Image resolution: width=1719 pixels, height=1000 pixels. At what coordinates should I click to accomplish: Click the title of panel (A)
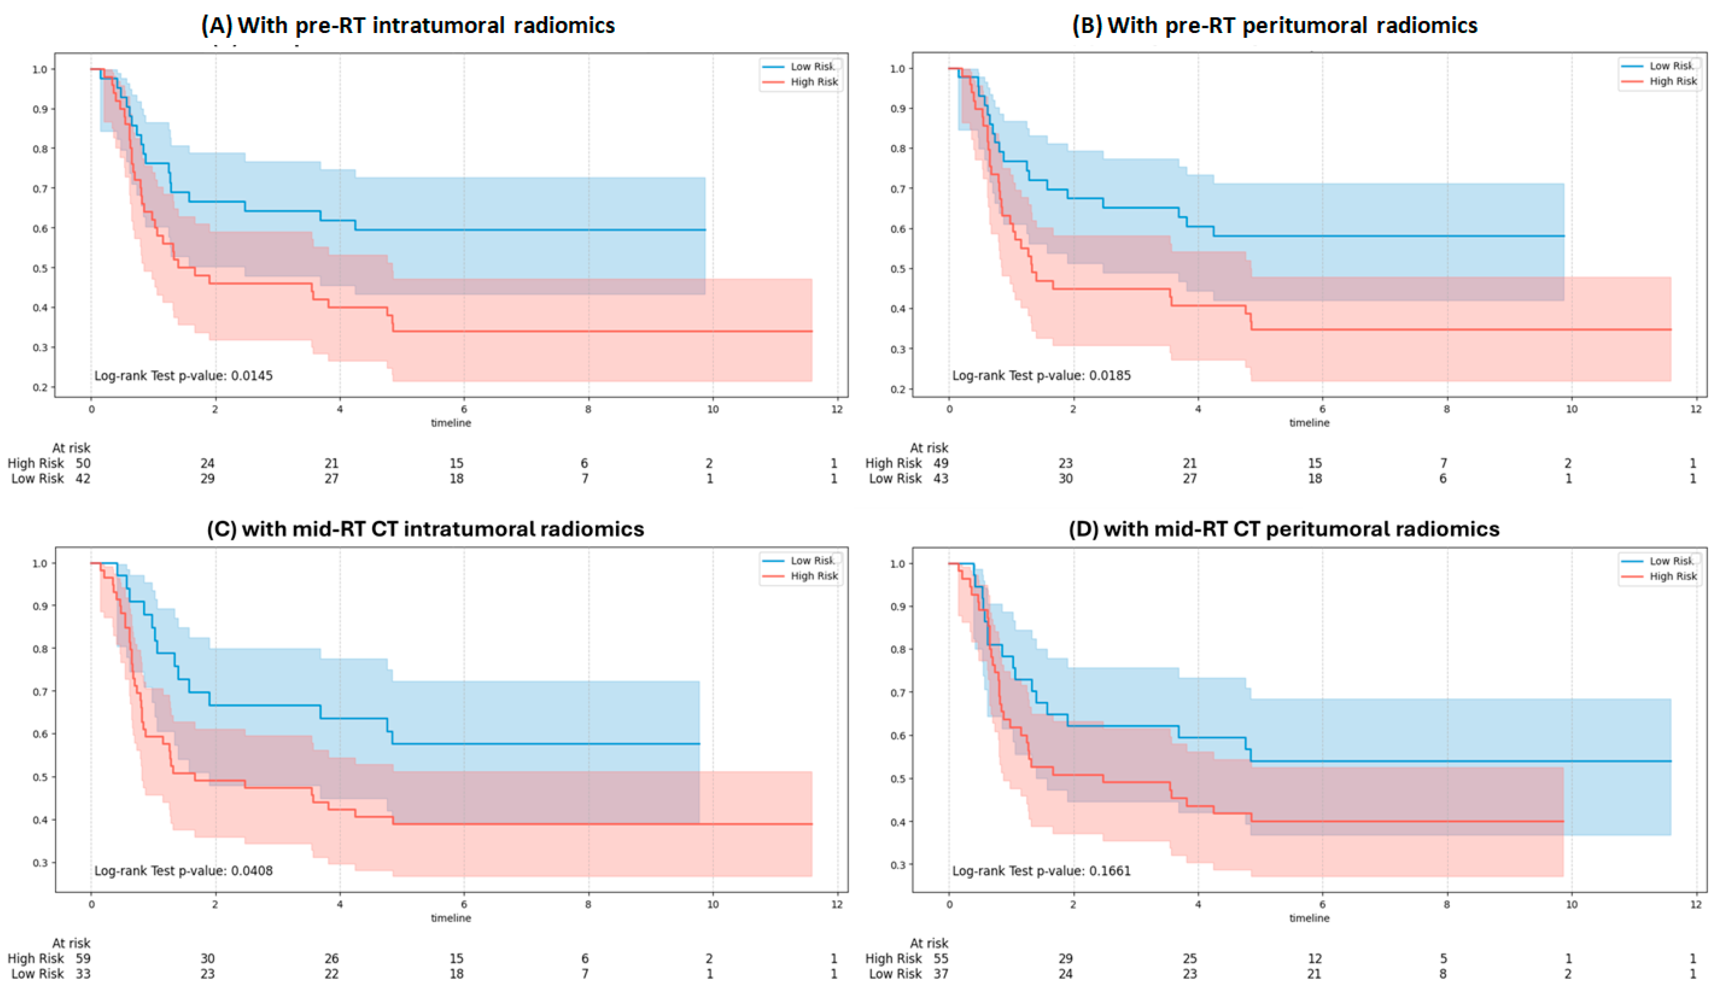[408, 25]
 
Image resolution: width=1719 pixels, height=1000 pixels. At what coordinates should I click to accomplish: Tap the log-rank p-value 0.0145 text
[184, 376]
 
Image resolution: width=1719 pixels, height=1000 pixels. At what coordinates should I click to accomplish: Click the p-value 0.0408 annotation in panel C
[184, 871]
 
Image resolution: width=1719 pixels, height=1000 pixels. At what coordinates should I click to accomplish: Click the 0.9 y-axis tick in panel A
[40, 109]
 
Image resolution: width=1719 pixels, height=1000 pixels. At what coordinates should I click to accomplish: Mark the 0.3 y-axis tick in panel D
[898, 865]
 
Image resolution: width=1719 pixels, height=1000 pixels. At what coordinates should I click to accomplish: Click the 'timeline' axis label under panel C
[451, 918]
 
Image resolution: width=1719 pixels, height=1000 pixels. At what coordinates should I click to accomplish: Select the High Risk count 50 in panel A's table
[83, 463]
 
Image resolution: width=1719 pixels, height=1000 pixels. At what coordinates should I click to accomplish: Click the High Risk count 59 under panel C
[83, 958]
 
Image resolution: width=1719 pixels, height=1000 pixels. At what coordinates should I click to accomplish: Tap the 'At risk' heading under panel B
[929, 448]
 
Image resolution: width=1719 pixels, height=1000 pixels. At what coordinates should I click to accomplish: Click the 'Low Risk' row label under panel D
[895, 974]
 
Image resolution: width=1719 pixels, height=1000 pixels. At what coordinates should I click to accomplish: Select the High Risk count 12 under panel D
[1315, 958]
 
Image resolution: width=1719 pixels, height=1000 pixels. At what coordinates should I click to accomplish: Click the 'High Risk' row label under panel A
[35, 463]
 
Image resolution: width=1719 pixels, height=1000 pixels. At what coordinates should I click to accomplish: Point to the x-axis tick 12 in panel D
[1696, 904]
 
